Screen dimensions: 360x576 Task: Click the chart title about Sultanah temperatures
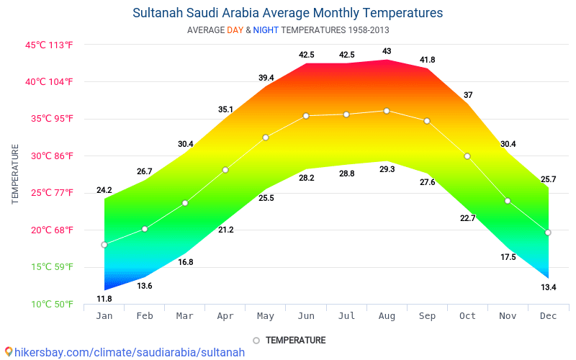288,13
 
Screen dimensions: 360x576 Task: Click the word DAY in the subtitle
235,30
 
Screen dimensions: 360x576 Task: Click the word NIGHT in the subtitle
266,30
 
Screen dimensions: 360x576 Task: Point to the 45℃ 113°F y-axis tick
50,45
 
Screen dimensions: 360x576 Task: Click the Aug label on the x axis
387,316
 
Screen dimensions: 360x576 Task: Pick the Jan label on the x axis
104,316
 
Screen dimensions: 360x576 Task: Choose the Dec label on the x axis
548,316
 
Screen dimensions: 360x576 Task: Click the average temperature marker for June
306,116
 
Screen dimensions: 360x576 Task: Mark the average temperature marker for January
104,245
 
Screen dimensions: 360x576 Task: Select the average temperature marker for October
467,156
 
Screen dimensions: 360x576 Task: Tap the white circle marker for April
225,170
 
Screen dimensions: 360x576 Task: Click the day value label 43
387,51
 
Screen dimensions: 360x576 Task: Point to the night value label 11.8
104,299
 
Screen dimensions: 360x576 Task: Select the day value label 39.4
266,78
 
